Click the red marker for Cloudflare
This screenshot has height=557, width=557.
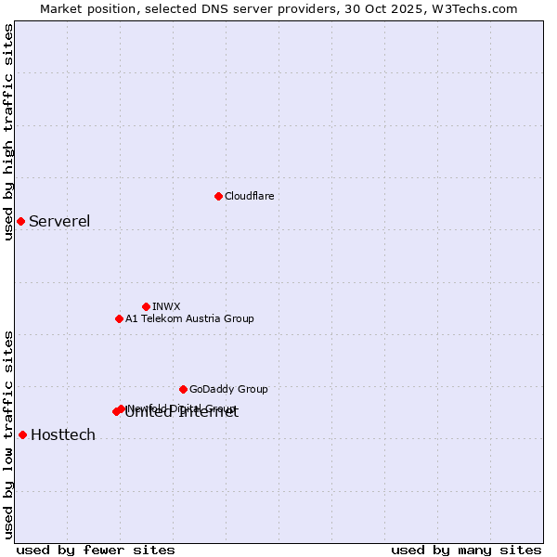pos(218,196)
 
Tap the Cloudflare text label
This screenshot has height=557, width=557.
pos(249,196)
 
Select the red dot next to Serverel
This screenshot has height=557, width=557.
pos(20,221)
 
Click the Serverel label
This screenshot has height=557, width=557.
pos(59,221)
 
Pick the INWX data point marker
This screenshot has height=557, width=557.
pos(146,306)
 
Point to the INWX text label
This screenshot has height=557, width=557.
pos(166,306)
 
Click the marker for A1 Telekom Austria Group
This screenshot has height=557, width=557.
pos(119,318)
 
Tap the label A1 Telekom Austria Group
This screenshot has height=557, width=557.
pos(189,318)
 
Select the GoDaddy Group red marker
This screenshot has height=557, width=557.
pos(183,389)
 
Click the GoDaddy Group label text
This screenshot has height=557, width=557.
pos(228,389)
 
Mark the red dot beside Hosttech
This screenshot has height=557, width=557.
pos(22,434)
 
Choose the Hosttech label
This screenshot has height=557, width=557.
pos(63,434)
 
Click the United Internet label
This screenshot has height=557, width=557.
pos(182,414)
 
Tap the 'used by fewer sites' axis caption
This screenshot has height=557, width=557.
pos(96,550)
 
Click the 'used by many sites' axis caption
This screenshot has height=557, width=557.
pos(466,550)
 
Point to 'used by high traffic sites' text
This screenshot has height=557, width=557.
pos(8,132)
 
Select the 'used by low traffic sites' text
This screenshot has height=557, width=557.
pos(8,434)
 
